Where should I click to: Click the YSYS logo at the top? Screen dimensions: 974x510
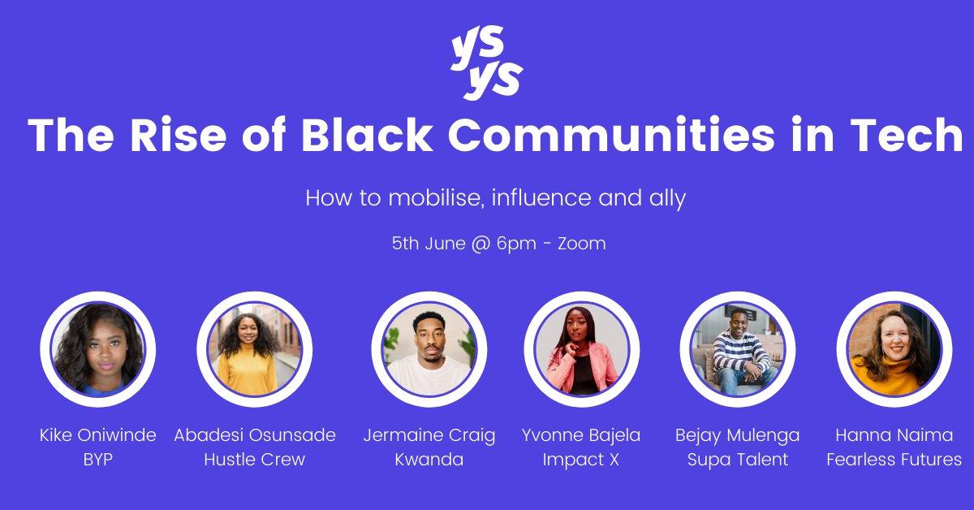pyautogui.click(x=486, y=63)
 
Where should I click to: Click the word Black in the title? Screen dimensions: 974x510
pyautogui.click(x=367, y=135)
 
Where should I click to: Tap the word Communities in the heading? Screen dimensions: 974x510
pyautogui.click(x=611, y=135)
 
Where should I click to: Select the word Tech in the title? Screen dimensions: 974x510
pyautogui.click(x=906, y=135)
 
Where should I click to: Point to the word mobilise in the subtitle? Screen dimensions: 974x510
pyautogui.click(x=436, y=198)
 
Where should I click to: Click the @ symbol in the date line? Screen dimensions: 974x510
pyautogui.click(x=481, y=244)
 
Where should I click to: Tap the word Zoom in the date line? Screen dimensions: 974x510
pyautogui.click(x=581, y=244)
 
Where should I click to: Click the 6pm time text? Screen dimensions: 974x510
pyautogui.click(x=516, y=244)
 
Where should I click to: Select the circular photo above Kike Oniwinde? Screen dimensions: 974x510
pyautogui.click(x=98, y=349)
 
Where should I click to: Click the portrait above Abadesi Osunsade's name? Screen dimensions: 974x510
pyautogui.click(x=254, y=349)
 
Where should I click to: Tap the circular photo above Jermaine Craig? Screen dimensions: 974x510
pyautogui.click(x=429, y=349)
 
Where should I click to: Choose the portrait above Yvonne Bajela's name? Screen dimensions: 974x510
pyautogui.click(x=582, y=349)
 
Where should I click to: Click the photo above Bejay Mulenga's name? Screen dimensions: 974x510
pyautogui.click(x=738, y=349)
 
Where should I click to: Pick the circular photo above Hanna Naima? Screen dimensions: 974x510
pyautogui.click(x=894, y=349)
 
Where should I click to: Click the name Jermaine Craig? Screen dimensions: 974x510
pyautogui.click(x=429, y=436)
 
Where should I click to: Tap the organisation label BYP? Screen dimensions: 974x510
pyautogui.click(x=98, y=460)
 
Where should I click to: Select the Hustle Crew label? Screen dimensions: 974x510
pyautogui.click(x=254, y=460)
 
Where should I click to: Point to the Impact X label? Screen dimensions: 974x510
pyautogui.click(x=581, y=460)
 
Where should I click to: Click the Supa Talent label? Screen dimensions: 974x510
pyautogui.click(x=738, y=460)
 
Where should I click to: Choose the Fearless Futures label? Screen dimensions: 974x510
pyautogui.click(x=894, y=460)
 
